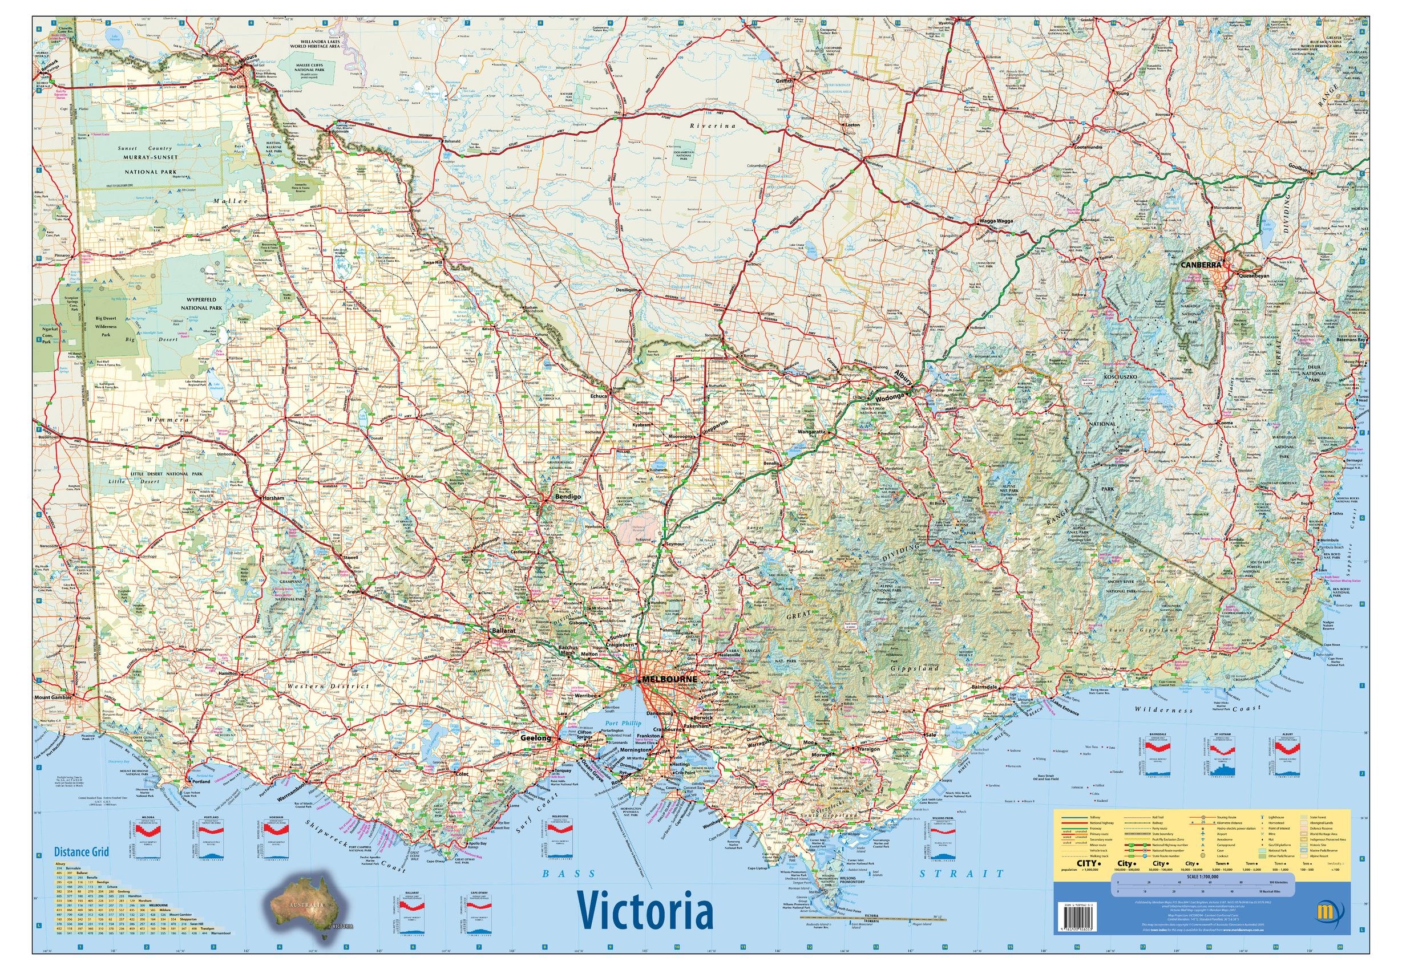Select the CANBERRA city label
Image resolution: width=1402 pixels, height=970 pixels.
[1202, 265]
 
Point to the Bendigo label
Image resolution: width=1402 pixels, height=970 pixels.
[568, 497]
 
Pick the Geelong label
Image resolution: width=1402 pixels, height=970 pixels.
[536, 738]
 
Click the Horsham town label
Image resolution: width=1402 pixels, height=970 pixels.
[272, 498]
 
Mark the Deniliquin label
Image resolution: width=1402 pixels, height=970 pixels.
[631, 290]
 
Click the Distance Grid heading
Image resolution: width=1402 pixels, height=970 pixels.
[81, 851]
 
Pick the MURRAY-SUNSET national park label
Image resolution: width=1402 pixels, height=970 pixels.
[150, 157]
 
